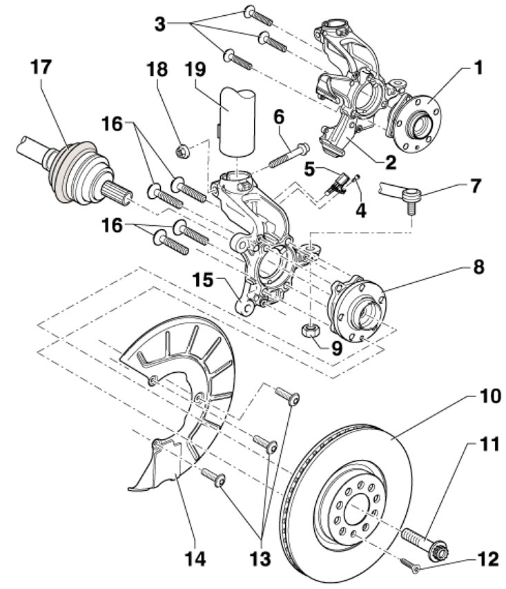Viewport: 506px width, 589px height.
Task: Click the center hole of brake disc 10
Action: (x=360, y=512)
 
